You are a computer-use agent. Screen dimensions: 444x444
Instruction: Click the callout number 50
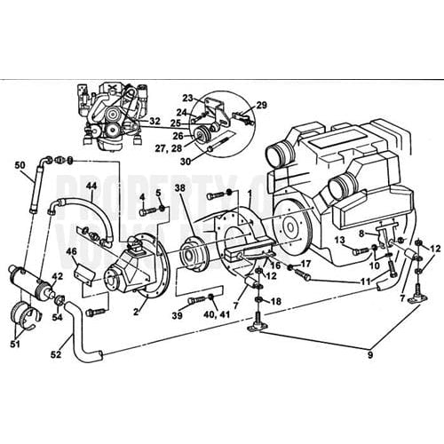tap(19, 165)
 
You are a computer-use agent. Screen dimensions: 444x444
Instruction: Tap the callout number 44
tap(91, 186)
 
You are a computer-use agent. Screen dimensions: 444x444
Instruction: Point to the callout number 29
tap(262, 105)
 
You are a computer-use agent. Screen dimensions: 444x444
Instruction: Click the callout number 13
tap(340, 240)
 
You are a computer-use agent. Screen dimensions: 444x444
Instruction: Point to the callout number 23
tap(187, 97)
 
